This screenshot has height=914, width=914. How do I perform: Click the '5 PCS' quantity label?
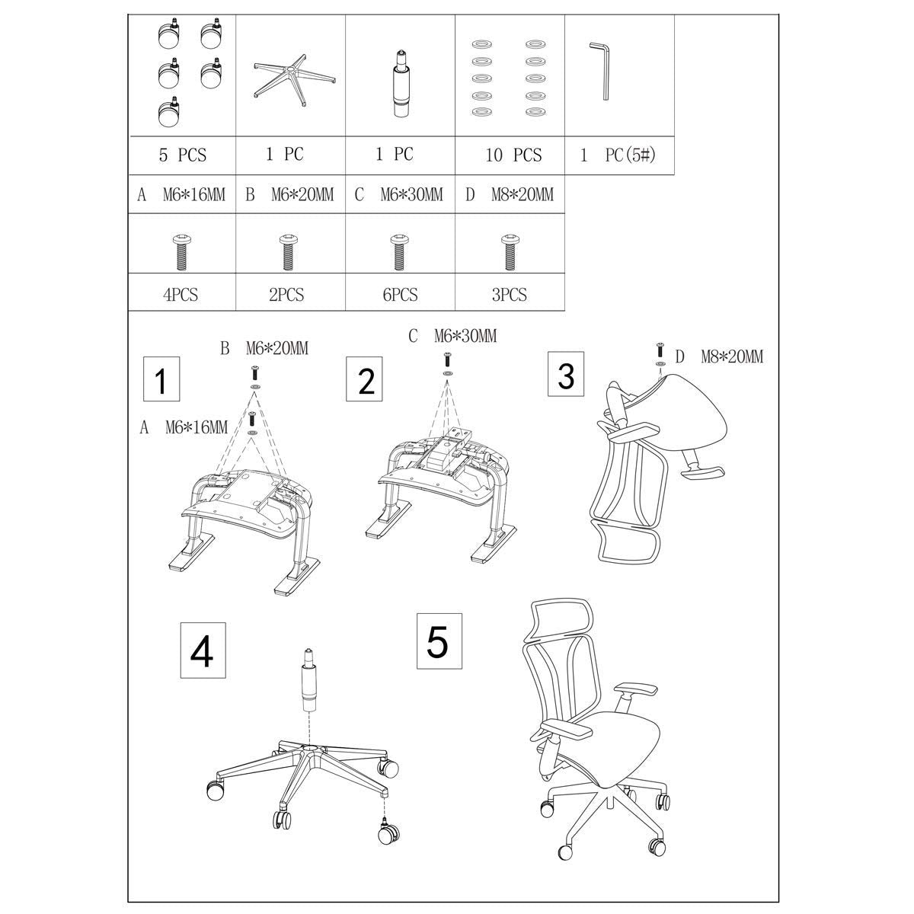pos(182,155)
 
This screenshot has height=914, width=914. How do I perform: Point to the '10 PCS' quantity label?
pos(513,155)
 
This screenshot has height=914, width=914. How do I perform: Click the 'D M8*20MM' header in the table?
pos(509,194)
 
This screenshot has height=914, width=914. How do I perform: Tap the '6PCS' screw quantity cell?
pos(400,294)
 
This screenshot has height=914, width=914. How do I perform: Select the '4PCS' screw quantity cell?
pos(181,294)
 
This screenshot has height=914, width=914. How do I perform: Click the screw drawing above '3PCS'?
pos(509,252)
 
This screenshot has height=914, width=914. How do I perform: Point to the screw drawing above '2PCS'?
pos(287,252)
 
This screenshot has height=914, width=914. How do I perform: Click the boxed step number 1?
pos(161,380)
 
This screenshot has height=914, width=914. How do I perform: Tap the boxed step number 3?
pos(566,375)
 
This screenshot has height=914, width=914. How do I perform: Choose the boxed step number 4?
pos(201,650)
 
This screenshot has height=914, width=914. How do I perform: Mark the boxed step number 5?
pos(437,642)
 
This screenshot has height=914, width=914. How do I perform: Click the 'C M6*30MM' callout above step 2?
pos(452,336)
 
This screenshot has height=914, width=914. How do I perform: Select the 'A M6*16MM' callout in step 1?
pos(183,427)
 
